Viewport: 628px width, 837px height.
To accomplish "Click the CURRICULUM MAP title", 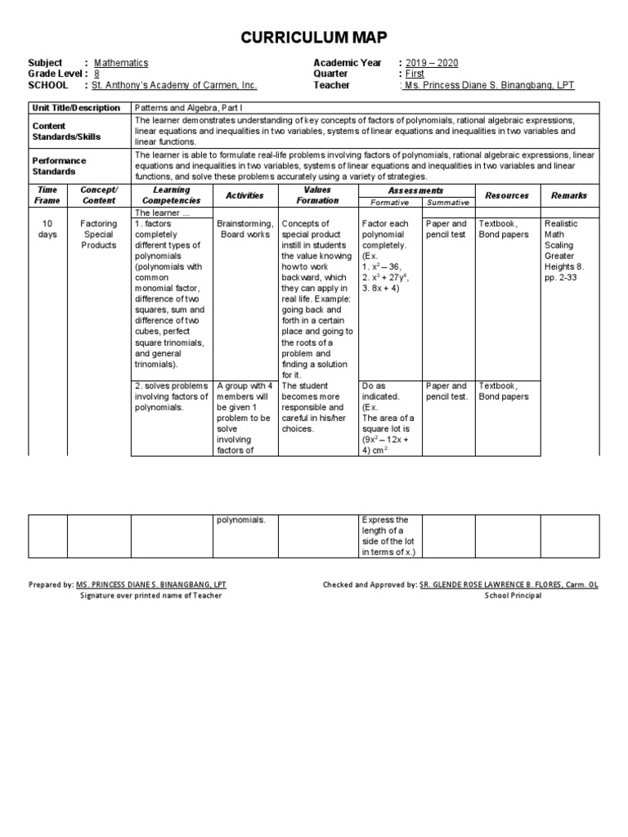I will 313,38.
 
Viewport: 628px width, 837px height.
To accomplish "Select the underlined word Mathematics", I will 121,63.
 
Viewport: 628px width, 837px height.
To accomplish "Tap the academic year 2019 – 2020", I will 432,63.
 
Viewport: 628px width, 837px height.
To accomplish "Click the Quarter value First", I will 415,74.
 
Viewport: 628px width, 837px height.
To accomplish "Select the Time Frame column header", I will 47,195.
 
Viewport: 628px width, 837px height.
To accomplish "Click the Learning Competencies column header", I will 172,195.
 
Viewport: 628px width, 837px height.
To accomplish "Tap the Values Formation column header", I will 317,195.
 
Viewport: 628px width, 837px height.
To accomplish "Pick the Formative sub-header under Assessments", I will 390,202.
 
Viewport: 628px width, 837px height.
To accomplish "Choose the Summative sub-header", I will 449,202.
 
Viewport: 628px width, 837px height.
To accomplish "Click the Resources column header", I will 507,195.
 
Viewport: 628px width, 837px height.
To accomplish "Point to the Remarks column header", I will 569,195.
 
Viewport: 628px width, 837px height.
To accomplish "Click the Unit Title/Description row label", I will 75,108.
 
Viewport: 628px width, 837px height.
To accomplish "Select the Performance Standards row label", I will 59,166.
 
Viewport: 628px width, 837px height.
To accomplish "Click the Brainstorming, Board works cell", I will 244,229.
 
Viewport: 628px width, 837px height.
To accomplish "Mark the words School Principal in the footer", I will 506,595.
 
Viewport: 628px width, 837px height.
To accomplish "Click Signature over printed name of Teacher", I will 150,595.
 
